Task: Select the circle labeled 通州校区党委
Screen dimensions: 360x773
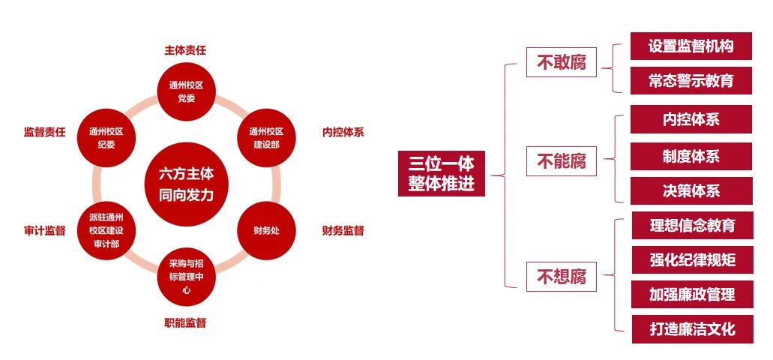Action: pos(187,91)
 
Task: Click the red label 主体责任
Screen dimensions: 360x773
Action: pos(185,50)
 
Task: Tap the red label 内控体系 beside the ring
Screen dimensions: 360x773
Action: pos(343,132)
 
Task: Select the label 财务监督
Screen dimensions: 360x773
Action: pos(343,230)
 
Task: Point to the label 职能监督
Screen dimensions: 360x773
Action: pos(185,323)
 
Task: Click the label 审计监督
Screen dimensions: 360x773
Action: pos(44,230)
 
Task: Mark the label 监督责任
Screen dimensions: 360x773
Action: pos(44,132)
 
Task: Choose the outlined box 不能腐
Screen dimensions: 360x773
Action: pos(562,161)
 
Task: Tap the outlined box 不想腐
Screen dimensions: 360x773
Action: pos(562,277)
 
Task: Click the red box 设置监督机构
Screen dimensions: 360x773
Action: pos(691,46)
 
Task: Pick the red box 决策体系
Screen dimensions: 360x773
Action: pos(691,190)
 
